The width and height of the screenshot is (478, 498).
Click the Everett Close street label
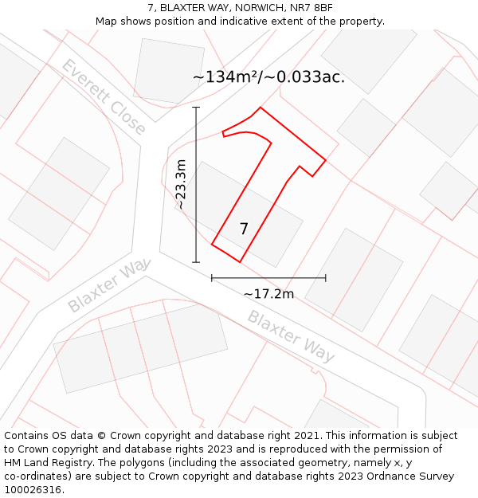pos(104,96)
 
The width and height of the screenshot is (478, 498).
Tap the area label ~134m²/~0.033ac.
pos(268,77)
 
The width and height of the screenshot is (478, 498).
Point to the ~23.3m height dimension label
pos(181,184)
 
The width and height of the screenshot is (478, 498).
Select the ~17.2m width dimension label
pos(268,294)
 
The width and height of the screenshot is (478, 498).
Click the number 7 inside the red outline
pos(244,229)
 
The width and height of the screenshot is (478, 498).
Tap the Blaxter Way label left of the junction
pos(109,285)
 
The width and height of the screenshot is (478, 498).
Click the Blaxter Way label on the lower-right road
pos(291,335)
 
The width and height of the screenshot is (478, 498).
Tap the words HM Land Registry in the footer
pos(44,463)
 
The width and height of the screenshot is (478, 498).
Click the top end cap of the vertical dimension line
pos(196,107)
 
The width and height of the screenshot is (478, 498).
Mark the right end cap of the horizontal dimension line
pos(326,277)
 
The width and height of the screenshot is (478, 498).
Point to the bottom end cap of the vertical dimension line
pos(196,262)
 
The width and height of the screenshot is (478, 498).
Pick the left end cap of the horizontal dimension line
pos(212,277)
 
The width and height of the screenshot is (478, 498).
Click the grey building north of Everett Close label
pos(169,70)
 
